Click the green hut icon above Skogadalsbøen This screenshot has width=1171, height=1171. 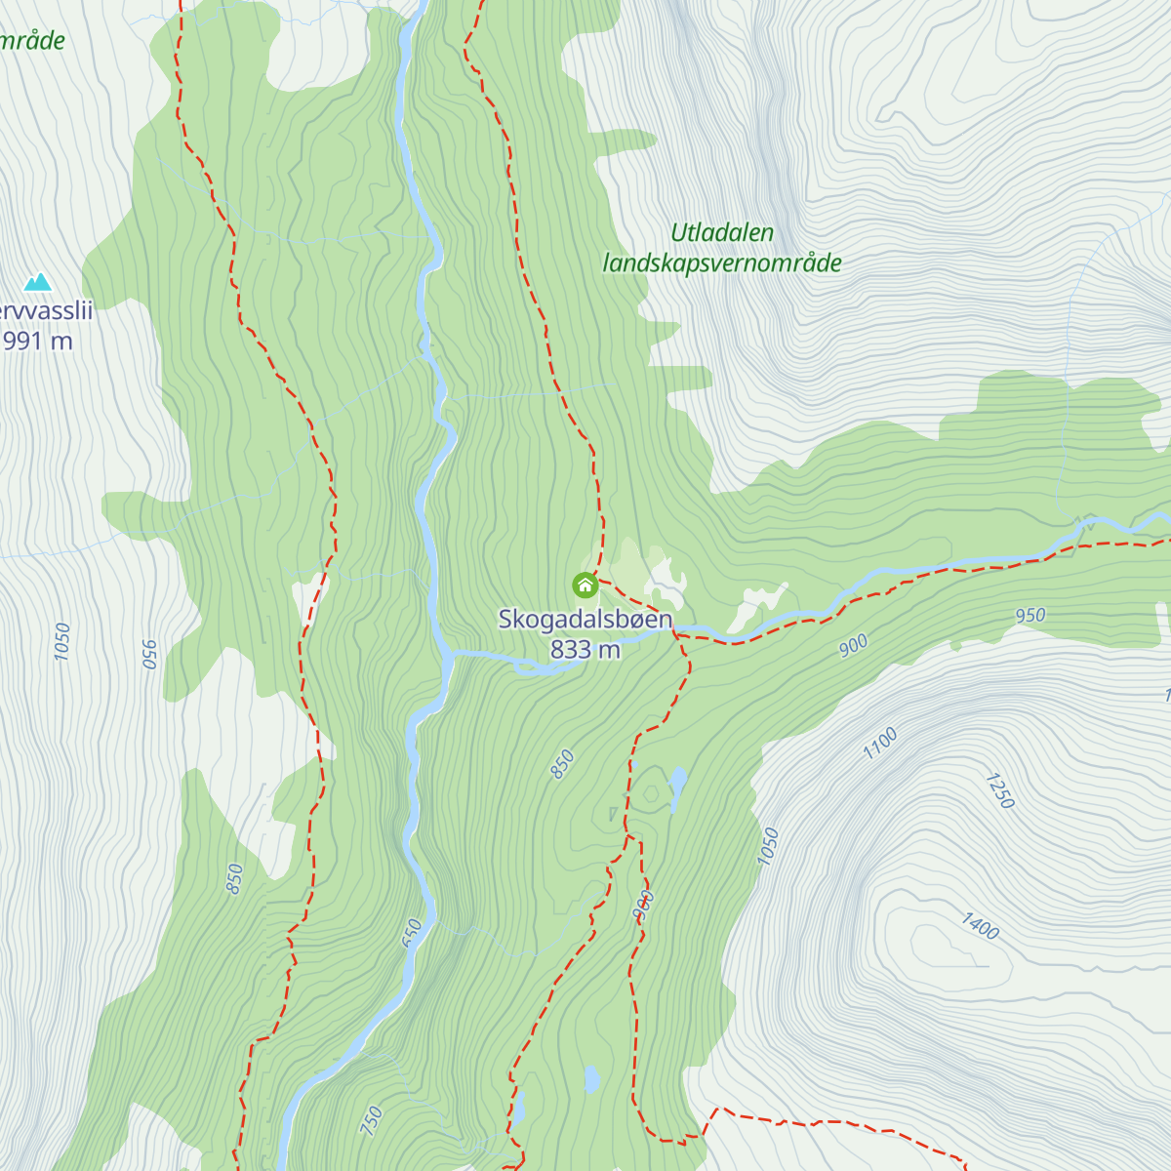pos(585,585)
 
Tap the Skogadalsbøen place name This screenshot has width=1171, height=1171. pos(585,620)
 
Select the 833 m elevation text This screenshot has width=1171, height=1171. pos(585,649)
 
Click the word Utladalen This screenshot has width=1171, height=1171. pos(722,233)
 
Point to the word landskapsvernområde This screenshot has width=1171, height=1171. pos(722,263)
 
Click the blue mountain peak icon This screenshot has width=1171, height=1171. pos(38,282)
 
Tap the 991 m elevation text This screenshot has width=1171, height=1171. pos(37,341)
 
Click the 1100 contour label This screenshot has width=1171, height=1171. pos(879,745)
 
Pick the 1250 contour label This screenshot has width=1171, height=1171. pos(1000,790)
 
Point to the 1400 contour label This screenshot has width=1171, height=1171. pos(980,926)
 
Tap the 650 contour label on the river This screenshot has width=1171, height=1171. pos(412,932)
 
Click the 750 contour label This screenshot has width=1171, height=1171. pos(372,1120)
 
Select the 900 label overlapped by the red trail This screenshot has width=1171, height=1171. pos(643,905)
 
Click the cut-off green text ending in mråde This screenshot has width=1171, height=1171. pos(32,41)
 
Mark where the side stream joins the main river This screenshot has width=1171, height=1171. pos(451,655)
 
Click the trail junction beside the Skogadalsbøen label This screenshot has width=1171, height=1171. pos(676,634)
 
